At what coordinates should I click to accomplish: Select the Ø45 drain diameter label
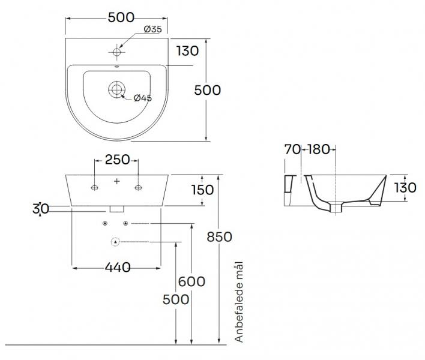(x=142, y=98)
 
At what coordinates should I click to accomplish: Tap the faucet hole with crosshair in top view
(x=117, y=53)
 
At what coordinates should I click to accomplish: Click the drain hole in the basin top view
(x=116, y=90)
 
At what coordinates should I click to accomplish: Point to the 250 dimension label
(x=118, y=160)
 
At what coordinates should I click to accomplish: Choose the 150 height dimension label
(x=202, y=190)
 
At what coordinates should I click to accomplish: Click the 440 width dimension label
(x=118, y=268)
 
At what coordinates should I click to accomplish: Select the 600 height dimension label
(x=192, y=281)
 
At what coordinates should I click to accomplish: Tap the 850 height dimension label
(x=219, y=237)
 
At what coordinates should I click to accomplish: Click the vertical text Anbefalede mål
(x=240, y=302)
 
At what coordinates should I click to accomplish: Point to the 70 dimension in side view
(x=292, y=149)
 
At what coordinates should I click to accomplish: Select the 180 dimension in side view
(x=318, y=149)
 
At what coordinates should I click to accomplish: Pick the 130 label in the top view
(x=188, y=51)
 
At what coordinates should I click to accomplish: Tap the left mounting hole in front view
(x=95, y=189)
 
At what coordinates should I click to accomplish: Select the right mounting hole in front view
(x=138, y=189)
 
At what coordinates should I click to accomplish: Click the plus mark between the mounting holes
(x=117, y=181)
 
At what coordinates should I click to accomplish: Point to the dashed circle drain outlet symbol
(x=116, y=242)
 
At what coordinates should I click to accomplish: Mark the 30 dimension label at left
(x=41, y=209)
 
